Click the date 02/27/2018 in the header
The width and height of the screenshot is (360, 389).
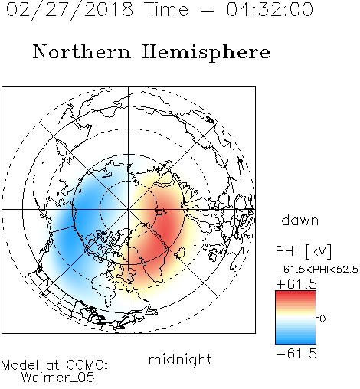click(70, 10)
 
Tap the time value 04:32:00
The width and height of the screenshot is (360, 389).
click(270, 9)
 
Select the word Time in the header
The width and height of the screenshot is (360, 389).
click(166, 9)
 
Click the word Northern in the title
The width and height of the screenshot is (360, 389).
click(82, 51)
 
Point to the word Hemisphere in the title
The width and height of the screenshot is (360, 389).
click(206, 53)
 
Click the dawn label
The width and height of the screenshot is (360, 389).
click(300, 220)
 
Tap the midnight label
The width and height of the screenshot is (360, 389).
click(180, 359)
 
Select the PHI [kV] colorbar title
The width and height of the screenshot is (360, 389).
click(303, 251)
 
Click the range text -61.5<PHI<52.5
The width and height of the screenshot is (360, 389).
click(317, 270)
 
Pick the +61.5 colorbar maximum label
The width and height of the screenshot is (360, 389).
click(296, 284)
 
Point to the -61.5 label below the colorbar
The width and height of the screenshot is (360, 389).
click(296, 354)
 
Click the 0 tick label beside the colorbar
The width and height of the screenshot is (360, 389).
click(322, 319)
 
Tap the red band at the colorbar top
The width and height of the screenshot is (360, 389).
click(296, 295)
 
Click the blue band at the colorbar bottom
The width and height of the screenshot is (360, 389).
click(296, 339)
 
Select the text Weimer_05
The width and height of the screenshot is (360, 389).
click(58, 378)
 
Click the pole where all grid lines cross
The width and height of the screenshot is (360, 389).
click(129, 210)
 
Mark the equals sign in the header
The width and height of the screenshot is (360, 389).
click(208, 10)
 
